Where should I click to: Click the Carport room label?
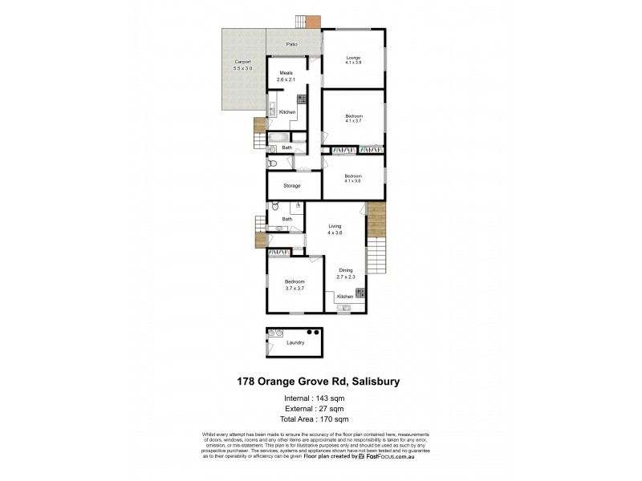(x=242, y=63)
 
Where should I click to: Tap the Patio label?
(x=292, y=44)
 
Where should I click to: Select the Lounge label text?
(x=353, y=58)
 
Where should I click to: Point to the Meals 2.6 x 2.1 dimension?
(x=286, y=79)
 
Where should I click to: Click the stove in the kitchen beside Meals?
(x=303, y=99)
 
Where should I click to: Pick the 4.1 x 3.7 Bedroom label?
(x=353, y=121)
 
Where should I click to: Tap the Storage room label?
(x=292, y=186)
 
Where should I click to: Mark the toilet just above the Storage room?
(x=273, y=164)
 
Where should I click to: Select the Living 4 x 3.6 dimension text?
(x=335, y=232)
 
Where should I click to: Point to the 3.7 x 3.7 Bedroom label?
(x=295, y=286)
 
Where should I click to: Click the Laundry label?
(x=295, y=343)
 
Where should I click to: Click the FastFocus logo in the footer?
(x=390, y=456)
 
